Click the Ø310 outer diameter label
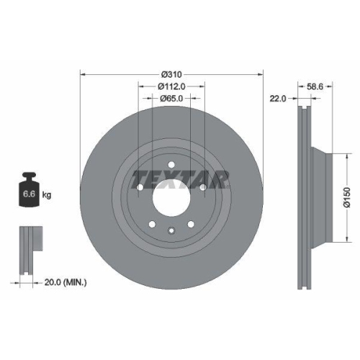point(171,75)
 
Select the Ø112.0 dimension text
point(171,86)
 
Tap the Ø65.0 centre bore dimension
point(171,98)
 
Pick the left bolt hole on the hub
point(140,189)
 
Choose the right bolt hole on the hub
point(203,189)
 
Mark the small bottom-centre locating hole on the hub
point(171,231)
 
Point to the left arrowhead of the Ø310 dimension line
point(82,75)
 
